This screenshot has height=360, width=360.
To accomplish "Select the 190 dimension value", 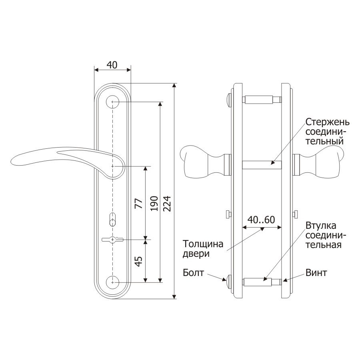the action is pos(154,204).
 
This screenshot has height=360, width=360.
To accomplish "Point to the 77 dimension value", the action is pos(139,204).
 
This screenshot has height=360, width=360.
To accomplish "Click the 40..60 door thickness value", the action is pos(261,220).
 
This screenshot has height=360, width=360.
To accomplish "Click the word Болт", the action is pos(193,272).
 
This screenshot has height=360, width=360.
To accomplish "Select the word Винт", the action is pos(316,272).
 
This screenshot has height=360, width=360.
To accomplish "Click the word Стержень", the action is pos(327,122).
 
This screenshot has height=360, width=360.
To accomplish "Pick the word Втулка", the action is pos(321,226).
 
